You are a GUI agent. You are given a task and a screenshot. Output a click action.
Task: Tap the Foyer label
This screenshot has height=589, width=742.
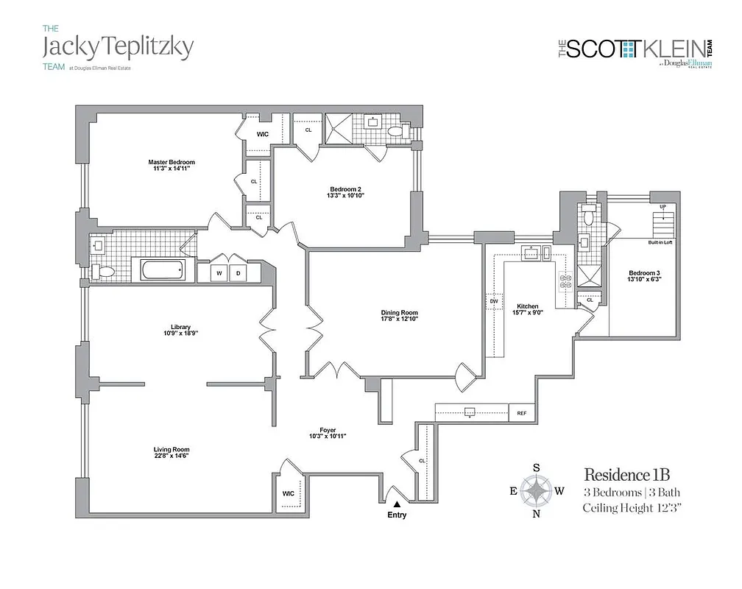(x=328, y=432)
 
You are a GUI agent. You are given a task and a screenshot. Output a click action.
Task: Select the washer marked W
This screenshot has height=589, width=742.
(x=219, y=273)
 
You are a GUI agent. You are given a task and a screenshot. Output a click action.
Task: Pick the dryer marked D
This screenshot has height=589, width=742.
(x=239, y=273)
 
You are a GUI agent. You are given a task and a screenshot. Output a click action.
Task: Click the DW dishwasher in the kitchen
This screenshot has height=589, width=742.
(x=493, y=302)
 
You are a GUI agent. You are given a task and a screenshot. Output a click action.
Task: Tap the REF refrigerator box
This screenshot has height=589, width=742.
(x=522, y=414)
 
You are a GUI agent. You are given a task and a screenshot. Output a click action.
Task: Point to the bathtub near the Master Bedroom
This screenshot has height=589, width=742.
(x=163, y=269)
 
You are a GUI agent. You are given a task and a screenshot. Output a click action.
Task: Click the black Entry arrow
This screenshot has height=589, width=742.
(x=397, y=504)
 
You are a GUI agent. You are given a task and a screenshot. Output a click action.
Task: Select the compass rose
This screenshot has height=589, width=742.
(x=537, y=490)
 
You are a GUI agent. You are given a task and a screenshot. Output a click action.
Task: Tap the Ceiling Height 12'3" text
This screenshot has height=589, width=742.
(x=632, y=508)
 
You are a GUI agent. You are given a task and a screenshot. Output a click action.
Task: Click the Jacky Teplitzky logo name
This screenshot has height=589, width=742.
(x=118, y=47)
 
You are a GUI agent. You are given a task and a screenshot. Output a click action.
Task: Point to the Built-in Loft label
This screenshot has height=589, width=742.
(x=660, y=241)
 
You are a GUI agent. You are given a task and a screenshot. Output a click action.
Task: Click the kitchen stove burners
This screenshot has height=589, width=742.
(x=565, y=281)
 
